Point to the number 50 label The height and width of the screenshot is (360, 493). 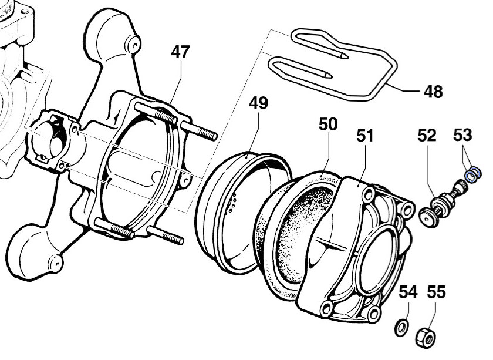329,125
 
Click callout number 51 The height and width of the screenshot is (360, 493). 366,136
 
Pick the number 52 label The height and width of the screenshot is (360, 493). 427,136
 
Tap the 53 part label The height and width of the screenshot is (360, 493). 462,136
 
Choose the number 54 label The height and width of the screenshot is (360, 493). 409,291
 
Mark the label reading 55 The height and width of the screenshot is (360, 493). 436,291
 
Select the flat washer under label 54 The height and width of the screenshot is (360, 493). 401,326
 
